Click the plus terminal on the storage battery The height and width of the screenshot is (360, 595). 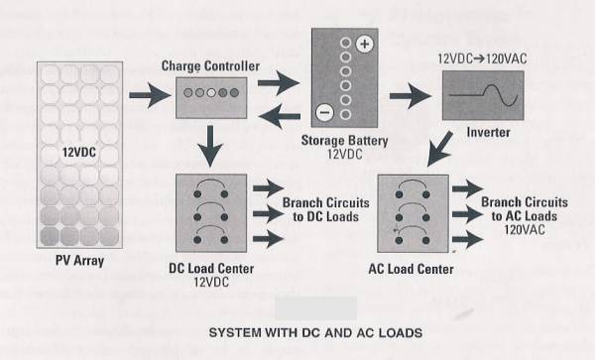pos(364,44)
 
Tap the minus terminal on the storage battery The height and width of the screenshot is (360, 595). pos(324,112)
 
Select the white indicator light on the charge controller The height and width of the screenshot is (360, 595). pos(211,92)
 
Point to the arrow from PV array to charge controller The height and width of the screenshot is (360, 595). pos(151,95)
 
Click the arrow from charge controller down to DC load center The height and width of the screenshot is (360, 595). pos(210,147)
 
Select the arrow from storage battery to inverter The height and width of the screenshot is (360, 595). pos(411,96)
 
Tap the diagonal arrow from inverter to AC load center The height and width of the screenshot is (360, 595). pos(439,149)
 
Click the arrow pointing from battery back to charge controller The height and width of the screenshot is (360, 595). pos(280,116)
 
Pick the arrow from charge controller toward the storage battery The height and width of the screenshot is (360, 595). pos(279,82)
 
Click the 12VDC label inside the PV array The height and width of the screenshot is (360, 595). pos(79,153)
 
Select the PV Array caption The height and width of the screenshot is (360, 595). pos(79,261)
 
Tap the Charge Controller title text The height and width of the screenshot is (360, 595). pos(210,66)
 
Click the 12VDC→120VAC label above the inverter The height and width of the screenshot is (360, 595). pos(482,59)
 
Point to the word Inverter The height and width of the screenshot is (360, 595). pos(488,132)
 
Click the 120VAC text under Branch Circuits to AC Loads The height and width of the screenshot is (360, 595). pos(525,230)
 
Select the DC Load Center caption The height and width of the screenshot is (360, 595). pos(211,269)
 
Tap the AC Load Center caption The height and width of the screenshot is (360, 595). pos(411,270)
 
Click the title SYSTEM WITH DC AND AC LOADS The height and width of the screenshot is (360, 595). pos(315,332)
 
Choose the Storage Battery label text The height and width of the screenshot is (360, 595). pos(344,141)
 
